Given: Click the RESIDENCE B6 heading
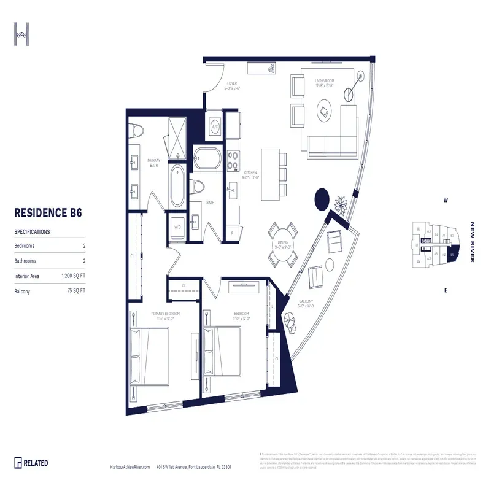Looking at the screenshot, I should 48,213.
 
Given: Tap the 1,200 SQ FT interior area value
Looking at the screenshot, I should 73,276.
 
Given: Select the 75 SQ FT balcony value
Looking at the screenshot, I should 76,291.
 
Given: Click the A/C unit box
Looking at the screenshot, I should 215,127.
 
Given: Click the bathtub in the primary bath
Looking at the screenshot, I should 177,186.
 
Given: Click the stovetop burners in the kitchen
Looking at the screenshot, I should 233,160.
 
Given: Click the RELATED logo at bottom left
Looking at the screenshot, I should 32,463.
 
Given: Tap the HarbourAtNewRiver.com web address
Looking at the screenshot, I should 128,467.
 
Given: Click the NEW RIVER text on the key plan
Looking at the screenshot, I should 472,242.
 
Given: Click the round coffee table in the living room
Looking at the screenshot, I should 324,112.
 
